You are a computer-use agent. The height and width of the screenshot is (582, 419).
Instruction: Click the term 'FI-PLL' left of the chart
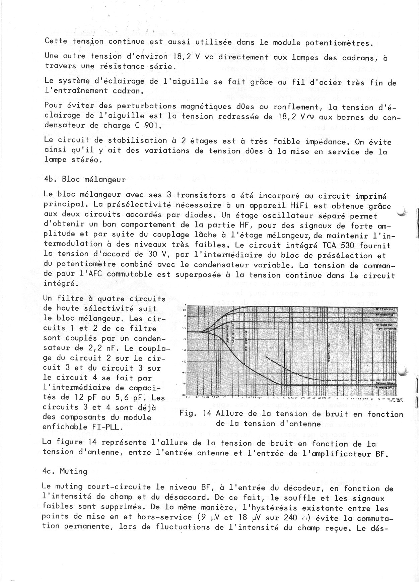point(109,427)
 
